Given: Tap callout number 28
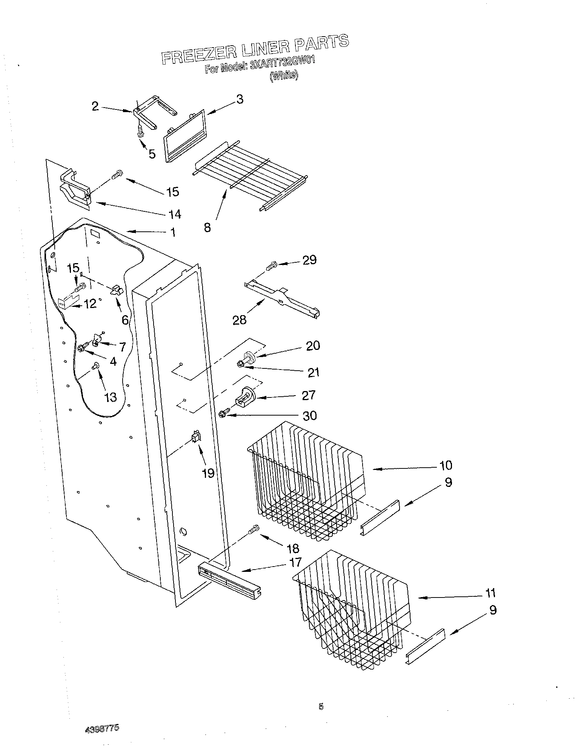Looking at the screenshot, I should pyautogui.click(x=239, y=320).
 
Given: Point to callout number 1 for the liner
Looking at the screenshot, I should pyautogui.click(x=173, y=232).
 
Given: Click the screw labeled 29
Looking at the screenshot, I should pyautogui.click(x=271, y=266).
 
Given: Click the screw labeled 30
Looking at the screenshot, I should pyautogui.click(x=222, y=414).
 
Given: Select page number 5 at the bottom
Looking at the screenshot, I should pyautogui.click(x=321, y=706).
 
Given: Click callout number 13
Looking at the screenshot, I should pyautogui.click(x=111, y=397).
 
